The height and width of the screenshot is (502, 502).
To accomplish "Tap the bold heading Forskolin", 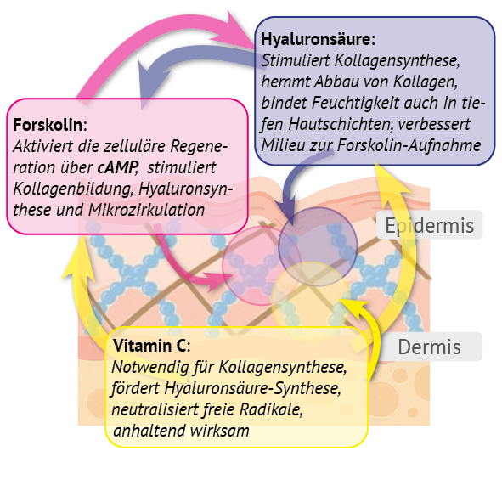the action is [48, 125].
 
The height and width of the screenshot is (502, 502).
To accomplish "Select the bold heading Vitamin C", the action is [149, 346].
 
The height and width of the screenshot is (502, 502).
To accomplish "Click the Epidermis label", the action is [429, 225].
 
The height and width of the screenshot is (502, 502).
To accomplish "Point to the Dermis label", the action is [429, 347].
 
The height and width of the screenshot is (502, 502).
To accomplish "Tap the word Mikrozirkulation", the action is [146, 210].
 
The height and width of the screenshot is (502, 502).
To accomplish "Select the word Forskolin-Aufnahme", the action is [409, 145].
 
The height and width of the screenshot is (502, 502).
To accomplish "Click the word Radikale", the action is [271, 409].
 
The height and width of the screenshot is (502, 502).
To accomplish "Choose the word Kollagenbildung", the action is [73, 189].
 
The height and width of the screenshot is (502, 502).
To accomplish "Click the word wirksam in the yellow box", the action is [220, 431].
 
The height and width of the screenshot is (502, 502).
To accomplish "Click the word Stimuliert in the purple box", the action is [296, 60].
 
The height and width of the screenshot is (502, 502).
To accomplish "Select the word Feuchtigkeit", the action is [355, 103].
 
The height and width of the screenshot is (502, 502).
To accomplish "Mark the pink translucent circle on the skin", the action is [262, 265].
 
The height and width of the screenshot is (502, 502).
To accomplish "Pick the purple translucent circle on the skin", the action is [318, 246].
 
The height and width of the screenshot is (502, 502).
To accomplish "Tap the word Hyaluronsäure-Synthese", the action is [252, 388].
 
